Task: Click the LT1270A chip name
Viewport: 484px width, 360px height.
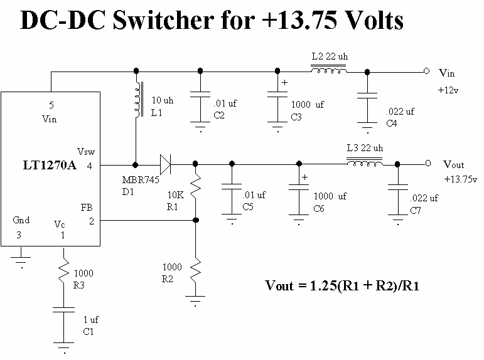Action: pyautogui.click(x=50, y=166)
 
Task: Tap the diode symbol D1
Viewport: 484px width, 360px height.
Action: pyautogui.click(x=166, y=165)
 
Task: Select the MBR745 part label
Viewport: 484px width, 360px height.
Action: pyautogui.click(x=141, y=179)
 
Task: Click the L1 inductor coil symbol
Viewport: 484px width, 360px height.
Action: pyautogui.click(x=138, y=100)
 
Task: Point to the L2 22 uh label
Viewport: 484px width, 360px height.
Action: pyautogui.click(x=330, y=56)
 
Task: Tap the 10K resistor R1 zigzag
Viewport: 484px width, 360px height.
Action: pyautogui.click(x=195, y=188)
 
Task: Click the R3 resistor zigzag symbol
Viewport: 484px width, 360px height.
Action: pyautogui.click(x=64, y=270)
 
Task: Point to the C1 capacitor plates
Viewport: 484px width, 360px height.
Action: pyautogui.click(x=63, y=310)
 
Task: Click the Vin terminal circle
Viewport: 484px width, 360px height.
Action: pyautogui.click(x=426, y=71)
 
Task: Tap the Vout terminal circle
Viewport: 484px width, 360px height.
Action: pyautogui.click(x=428, y=163)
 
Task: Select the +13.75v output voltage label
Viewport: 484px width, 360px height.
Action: pyautogui.click(x=461, y=179)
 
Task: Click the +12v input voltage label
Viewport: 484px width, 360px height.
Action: pyautogui.click(x=448, y=90)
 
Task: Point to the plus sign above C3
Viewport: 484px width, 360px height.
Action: pyautogui.click(x=284, y=82)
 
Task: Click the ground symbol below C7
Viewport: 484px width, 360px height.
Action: pyautogui.click(x=398, y=221)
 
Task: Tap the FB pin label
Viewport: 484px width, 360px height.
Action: pyautogui.click(x=87, y=208)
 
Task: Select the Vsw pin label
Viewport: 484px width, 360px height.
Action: pyautogui.click(x=86, y=152)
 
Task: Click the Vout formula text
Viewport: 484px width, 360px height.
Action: pyautogui.click(x=342, y=285)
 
